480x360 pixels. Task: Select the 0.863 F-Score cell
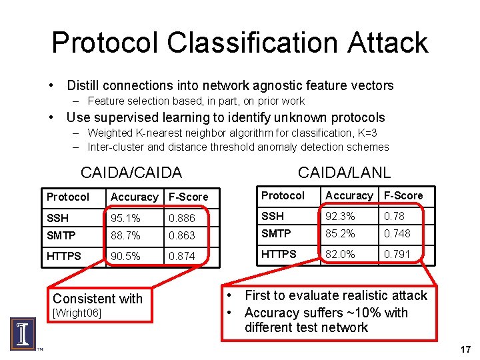click(182, 236)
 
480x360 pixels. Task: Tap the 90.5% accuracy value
click(125, 256)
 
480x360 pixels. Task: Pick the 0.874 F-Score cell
click(182, 256)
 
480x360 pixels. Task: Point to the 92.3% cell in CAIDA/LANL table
click(340, 216)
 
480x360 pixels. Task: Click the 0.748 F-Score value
click(397, 233)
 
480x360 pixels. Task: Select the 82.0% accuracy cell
click(340, 254)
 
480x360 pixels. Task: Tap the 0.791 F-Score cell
click(397, 254)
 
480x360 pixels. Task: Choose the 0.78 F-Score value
click(394, 216)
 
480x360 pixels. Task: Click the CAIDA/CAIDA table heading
click(131, 173)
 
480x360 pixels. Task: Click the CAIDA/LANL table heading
click(344, 172)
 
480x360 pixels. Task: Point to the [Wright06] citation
click(77, 313)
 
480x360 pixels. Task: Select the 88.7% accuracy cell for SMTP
click(125, 236)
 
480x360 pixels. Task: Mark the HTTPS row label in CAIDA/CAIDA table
click(63, 256)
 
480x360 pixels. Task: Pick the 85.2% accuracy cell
click(340, 233)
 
